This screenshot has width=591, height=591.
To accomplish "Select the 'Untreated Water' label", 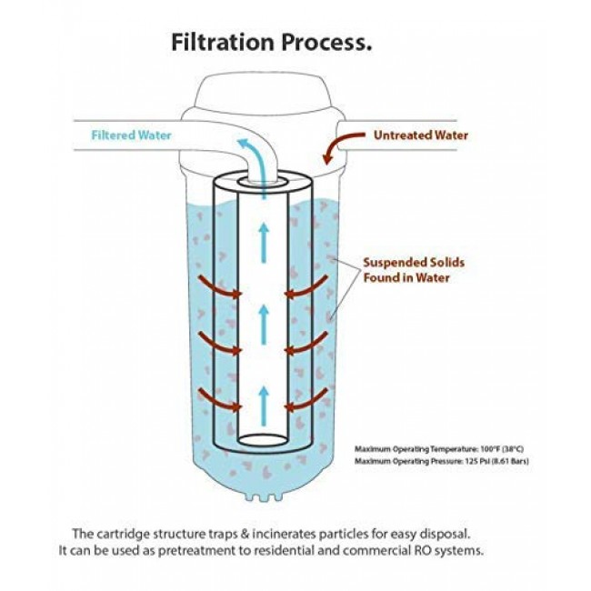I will [420, 135].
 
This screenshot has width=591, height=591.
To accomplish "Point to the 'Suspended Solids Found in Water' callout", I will [406, 270].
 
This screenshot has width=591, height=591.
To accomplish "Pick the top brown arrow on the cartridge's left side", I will [218, 289].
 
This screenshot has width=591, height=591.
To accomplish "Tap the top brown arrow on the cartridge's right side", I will [306, 289].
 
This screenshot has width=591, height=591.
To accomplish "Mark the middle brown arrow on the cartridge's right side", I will [306, 343].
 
